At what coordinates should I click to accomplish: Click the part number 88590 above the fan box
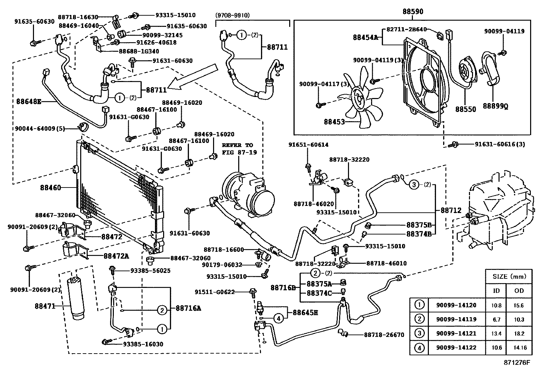coord(413,12)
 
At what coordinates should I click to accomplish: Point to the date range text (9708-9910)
coord(232,15)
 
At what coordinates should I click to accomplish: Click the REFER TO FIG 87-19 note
coord(238,149)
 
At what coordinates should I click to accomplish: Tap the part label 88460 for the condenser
coord(50,188)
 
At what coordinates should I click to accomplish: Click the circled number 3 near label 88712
coord(414,185)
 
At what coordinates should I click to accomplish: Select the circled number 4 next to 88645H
coord(278,319)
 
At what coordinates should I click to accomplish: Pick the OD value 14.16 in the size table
coord(519,348)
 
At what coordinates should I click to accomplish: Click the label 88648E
coord(29,101)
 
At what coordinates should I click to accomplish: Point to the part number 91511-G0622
coord(215,292)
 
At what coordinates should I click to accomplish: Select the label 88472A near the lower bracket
coord(116,256)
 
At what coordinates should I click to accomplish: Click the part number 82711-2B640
coord(407,30)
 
